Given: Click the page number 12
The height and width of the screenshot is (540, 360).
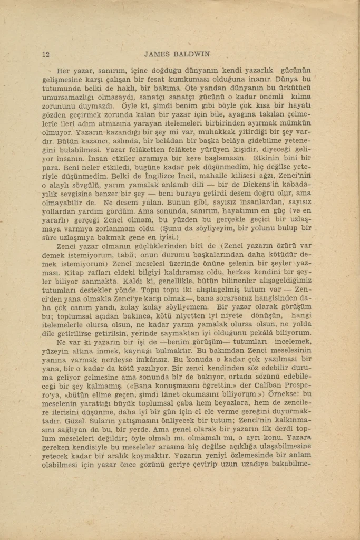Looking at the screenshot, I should point(45,54).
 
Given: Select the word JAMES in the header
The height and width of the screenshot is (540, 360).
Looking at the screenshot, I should point(157,54).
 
